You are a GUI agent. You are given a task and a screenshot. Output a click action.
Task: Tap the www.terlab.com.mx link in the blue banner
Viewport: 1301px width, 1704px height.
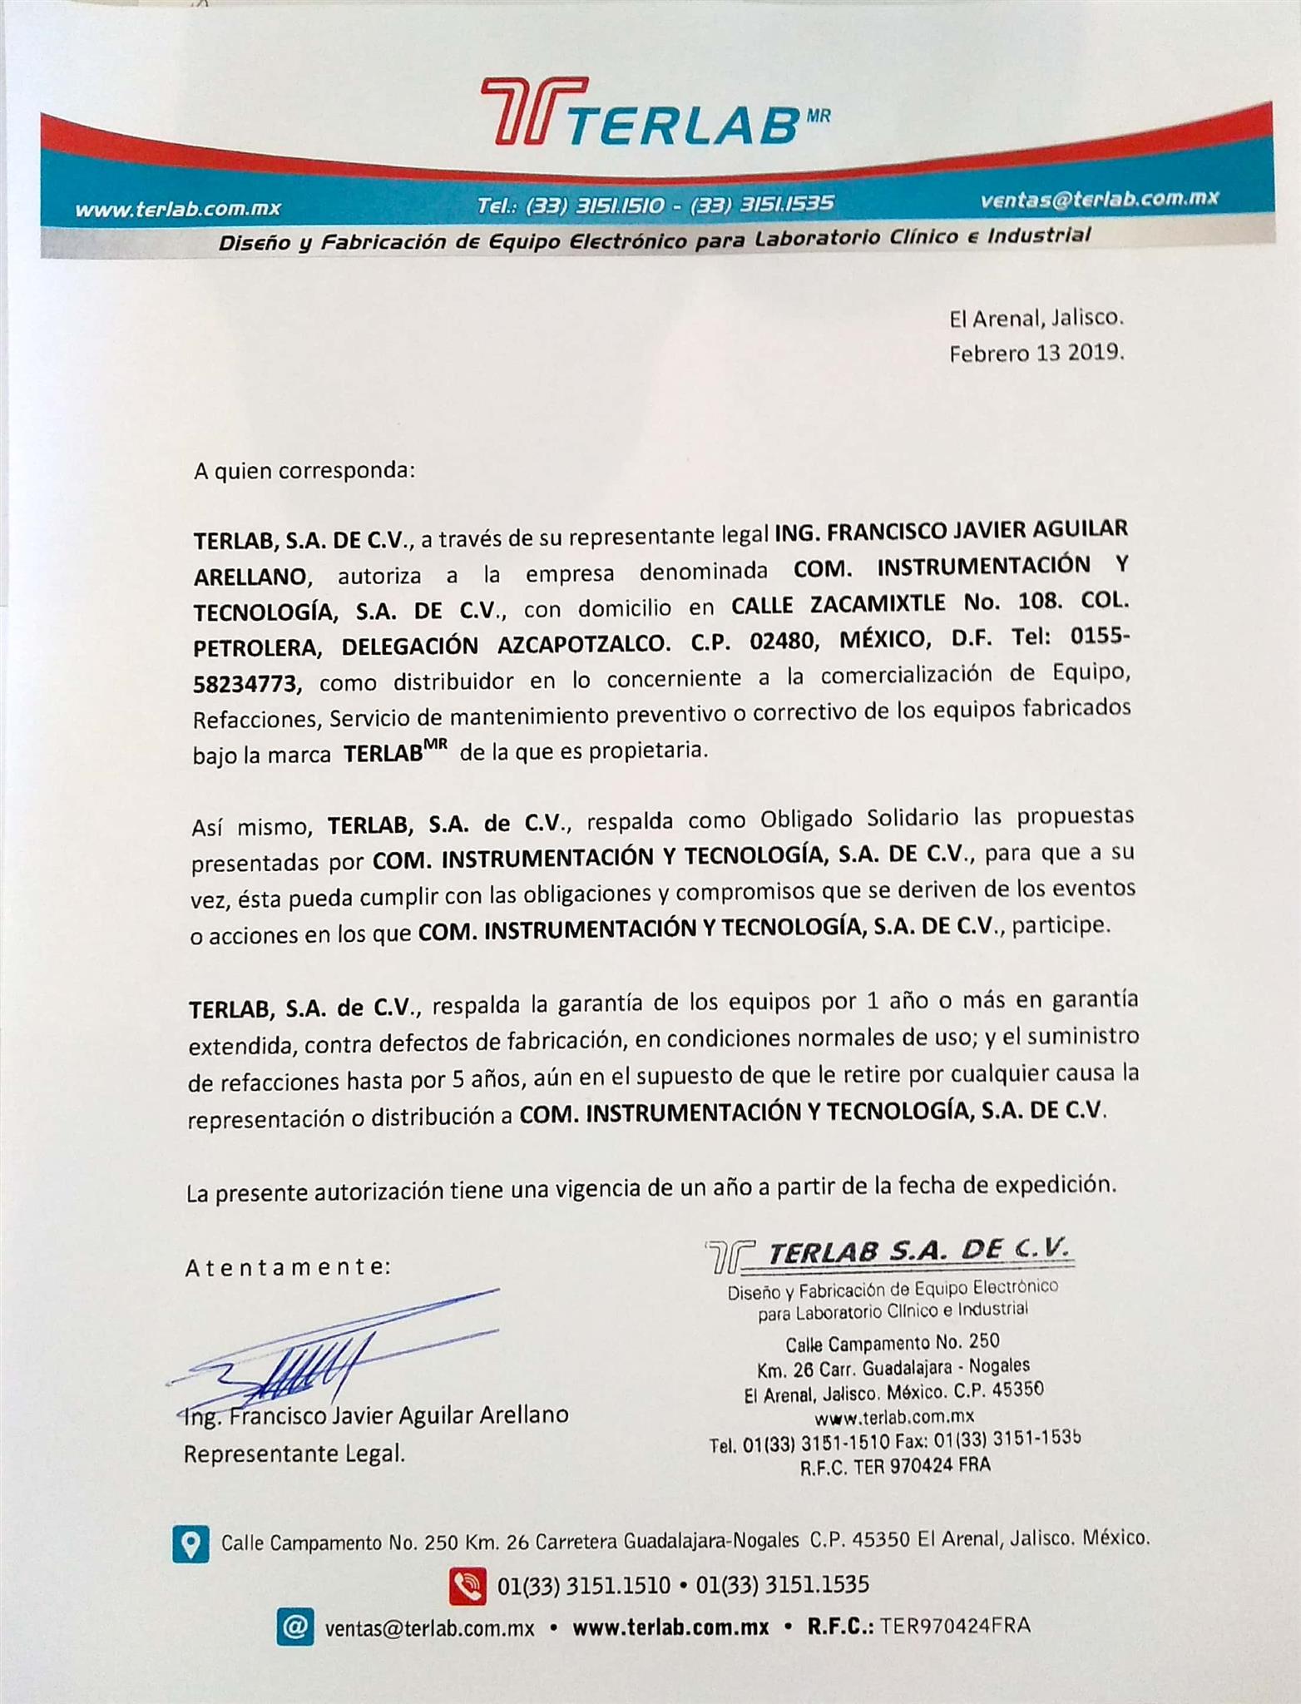tap(178, 209)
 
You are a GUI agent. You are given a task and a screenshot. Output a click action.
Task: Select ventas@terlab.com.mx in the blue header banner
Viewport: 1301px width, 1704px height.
tap(1099, 199)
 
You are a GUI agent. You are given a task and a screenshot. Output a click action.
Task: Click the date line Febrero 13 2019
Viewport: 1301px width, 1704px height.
tap(1036, 354)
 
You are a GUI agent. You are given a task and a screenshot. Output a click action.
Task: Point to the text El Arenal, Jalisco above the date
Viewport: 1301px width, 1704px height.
tap(1036, 318)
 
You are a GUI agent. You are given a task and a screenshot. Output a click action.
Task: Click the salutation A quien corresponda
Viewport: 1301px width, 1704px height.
tap(304, 471)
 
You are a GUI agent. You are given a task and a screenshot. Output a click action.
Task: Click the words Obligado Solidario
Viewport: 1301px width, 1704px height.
tap(859, 819)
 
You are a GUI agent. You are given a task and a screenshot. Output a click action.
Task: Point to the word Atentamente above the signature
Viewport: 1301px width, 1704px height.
tap(287, 1268)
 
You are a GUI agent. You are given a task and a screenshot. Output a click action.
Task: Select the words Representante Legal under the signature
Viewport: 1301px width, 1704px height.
tap(294, 1454)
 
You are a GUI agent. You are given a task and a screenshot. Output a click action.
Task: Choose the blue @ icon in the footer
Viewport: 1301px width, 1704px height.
tap(294, 1627)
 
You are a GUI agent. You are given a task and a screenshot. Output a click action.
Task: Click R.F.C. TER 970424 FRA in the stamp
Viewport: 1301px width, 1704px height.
tap(895, 1466)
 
